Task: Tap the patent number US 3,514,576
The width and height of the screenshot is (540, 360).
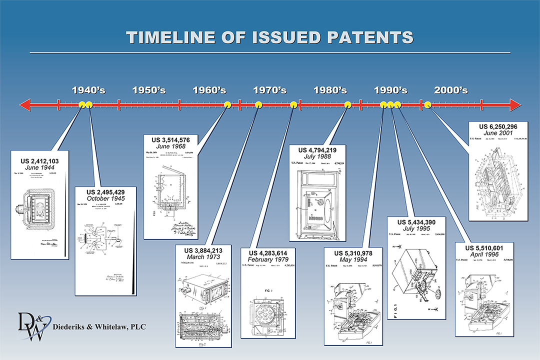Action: [x=170, y=138]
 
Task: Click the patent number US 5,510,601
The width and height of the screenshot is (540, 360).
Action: [x=484, y=248]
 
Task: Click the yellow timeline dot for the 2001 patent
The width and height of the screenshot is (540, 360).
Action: [x=428, y=104]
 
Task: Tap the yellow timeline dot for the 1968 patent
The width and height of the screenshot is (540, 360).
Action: [x=227, y=104]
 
